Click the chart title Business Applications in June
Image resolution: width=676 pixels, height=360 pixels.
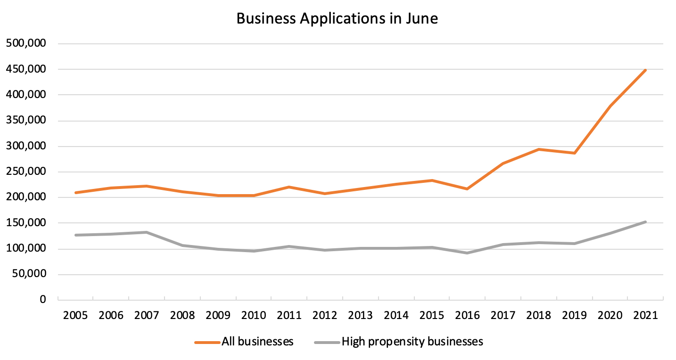(x=337, y=18)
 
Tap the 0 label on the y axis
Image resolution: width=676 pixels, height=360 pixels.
(x=43, y=300)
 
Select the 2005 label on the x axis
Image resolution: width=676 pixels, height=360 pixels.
(x=75, y=315)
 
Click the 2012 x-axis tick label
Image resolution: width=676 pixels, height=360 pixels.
(x=324, y=315)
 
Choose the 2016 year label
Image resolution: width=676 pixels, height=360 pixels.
(x=467, y=315)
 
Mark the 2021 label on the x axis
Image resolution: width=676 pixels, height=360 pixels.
(x=645, y=315)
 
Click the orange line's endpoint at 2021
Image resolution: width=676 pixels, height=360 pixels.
(x=645, y=70)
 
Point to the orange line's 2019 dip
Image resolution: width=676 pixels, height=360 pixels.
(x=574, y=153)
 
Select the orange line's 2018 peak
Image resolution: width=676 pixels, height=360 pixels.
(x=538, y=149)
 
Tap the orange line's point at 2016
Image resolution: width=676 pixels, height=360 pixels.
(x=467, y=189)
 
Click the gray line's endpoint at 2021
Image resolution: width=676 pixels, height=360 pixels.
(x=645, y=222)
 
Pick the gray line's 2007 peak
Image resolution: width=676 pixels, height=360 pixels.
(x=147, y=232)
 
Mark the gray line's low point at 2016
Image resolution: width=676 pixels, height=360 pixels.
(x=467, y=253)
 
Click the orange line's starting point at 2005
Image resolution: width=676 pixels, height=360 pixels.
(x=75, y=193)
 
